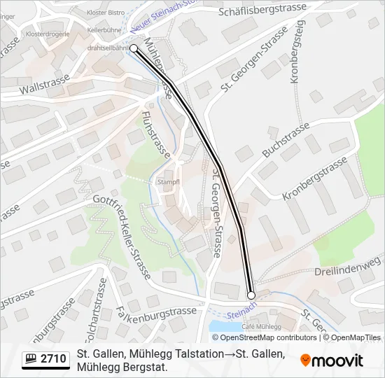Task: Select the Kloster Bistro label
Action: pos(105,13)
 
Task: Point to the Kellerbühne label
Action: pos(104,30)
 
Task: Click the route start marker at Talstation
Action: pos(134,48)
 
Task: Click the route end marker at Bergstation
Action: pos(251,295)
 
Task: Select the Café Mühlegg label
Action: pos(260,326)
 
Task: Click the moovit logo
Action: pos(332,360)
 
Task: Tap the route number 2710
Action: pos(53,359)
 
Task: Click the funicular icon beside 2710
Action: pos(31,359)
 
